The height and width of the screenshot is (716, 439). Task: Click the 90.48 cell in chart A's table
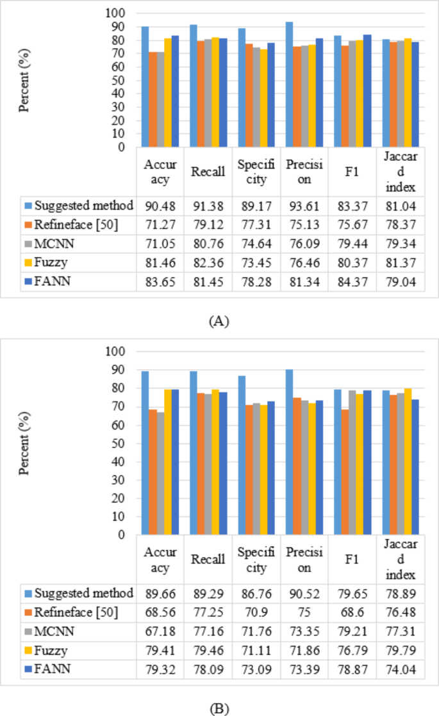pos(160,206)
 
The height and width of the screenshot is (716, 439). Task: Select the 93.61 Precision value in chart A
pos(304,206)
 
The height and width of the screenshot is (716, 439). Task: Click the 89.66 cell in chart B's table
pos(160,594)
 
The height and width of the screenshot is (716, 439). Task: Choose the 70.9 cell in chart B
pos(256,613)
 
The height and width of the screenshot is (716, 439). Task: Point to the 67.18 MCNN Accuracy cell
pos(160,632)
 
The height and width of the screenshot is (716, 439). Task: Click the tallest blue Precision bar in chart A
pos(289,84)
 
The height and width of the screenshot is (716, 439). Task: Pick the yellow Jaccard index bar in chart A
pos(408,92)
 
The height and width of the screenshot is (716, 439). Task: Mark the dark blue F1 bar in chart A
pos(368,90)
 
